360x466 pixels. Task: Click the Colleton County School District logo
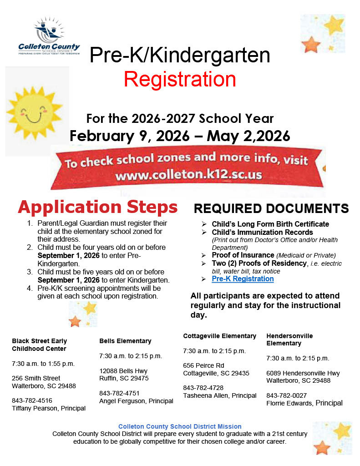point(49,36)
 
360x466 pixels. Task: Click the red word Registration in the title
point(180,79)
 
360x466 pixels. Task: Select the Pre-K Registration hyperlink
point(243,279)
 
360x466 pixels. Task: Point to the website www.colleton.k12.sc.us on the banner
point(188,175)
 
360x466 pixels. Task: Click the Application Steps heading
point(97,207)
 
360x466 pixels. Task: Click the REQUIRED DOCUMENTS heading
point(271,209)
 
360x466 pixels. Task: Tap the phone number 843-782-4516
point(32,400)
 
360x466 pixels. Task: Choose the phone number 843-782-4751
point(119,393)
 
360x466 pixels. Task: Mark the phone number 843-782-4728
point(203,388)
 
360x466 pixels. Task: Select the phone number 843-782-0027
point(286,395)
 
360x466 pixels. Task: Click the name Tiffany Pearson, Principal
point(49,408)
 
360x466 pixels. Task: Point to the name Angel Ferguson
point(120,401)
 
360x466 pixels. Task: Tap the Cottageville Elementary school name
point(220,336)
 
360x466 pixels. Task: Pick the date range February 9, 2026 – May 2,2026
point(180,136)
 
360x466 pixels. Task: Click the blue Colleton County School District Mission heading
point(180,426)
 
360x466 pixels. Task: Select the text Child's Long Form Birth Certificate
point(270,224)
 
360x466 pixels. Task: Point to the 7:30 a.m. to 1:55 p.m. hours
point(43,364)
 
